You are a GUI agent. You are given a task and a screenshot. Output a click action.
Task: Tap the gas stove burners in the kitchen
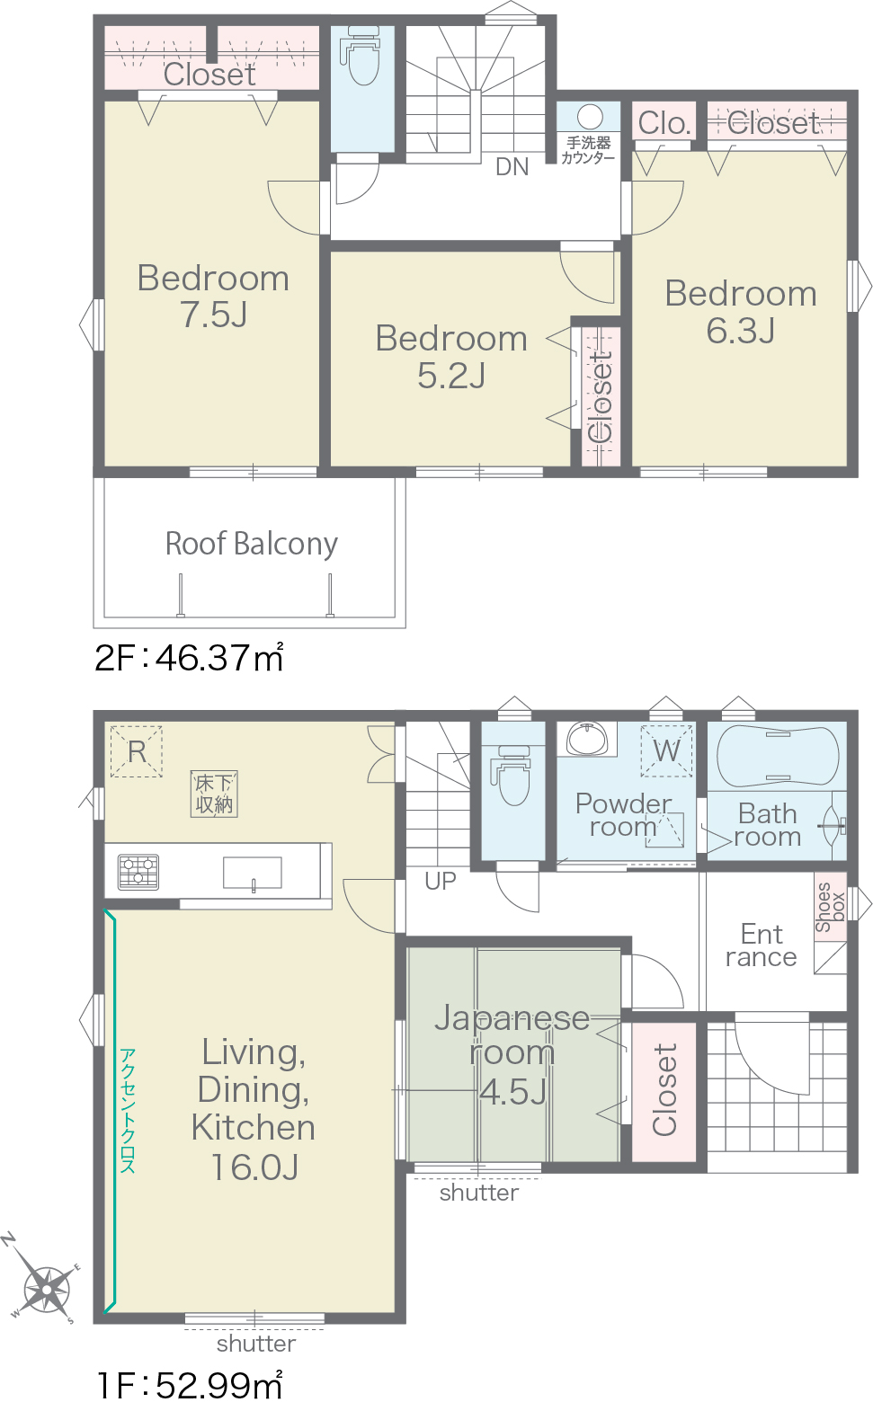click(x=138, y=872)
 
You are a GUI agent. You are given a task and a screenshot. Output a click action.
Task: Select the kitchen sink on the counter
click(x=252, y=873)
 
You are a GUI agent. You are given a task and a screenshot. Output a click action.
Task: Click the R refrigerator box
click(x=137, y=751)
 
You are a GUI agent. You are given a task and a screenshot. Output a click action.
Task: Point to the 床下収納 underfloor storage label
click(x=214, y=794)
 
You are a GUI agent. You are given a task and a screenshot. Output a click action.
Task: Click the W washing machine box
click(x=666, y=750)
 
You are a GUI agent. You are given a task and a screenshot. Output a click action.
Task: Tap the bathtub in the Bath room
click(x=777, y=757)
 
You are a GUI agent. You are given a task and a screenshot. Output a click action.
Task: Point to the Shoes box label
click(x=830, y=907)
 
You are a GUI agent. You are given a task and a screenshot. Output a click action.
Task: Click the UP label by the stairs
click(x=440, y=882)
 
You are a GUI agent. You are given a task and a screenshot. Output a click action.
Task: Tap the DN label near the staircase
click(x=512, y=167)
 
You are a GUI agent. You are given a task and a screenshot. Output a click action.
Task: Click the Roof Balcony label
click(x=252, y=544)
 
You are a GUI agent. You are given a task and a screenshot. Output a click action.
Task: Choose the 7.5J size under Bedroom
click(x=214, y=314)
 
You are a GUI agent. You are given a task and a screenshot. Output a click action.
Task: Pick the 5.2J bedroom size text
click(x=451, y=376)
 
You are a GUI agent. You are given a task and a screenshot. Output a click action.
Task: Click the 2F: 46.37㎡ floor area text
click(x=189, y=658)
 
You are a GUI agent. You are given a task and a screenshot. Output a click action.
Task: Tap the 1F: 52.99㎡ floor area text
click(x=190, y=1385)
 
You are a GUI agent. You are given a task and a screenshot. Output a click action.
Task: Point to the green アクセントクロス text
click(x=128, y=1111)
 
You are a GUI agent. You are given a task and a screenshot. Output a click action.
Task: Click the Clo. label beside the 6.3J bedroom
click(x=664, y=123)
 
